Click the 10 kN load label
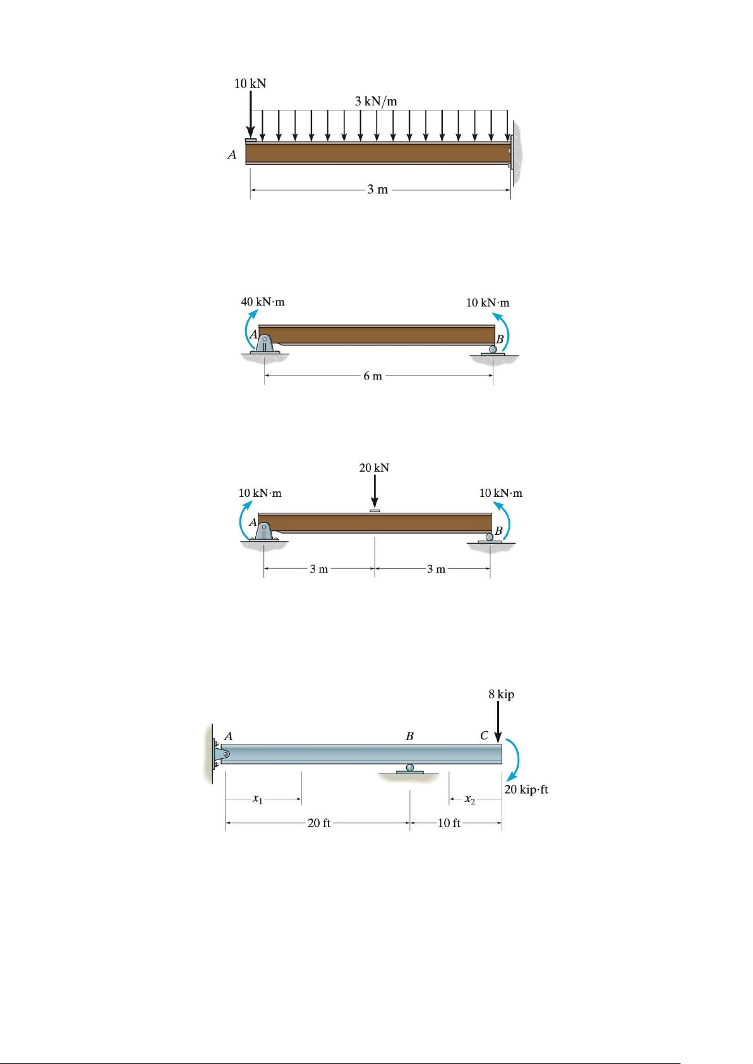(x=250, y=83)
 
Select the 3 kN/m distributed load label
(x=376, y=101)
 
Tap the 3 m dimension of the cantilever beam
(x=378, y=189)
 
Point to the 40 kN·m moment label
(x=263, y=302)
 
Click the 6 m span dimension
(x=373, y=376)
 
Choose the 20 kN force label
(x=375, y=468)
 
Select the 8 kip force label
(x=501, y=695)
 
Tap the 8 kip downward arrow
(x=498, y=722)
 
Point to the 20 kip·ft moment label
(x=526, y=789)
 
